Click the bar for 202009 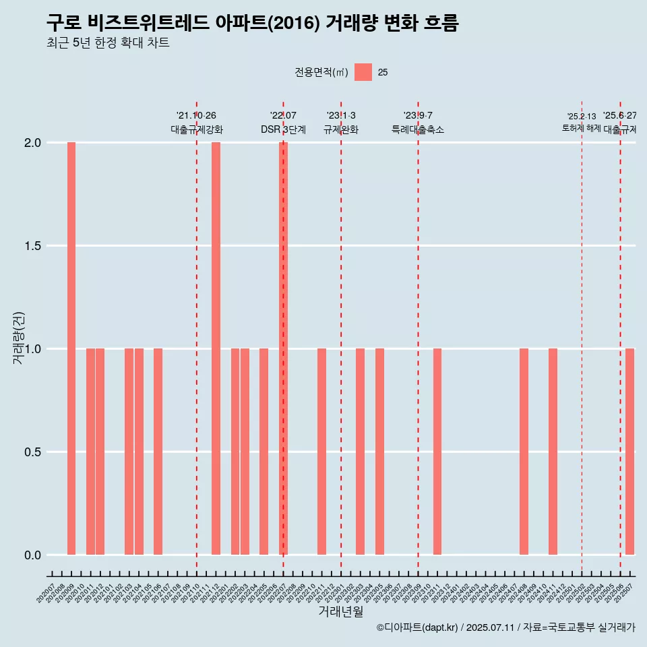71,348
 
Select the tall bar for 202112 216,348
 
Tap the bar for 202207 284,348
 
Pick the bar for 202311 437,452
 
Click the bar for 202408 524,452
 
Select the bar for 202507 629,452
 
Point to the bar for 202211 321,452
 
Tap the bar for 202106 158,452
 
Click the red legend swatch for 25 363,72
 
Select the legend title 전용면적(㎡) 321,73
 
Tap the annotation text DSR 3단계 283,129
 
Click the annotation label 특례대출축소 418,129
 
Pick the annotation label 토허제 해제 581,127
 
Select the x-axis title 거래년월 340,612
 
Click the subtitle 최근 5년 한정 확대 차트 108,43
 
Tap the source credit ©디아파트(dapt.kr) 417,627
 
